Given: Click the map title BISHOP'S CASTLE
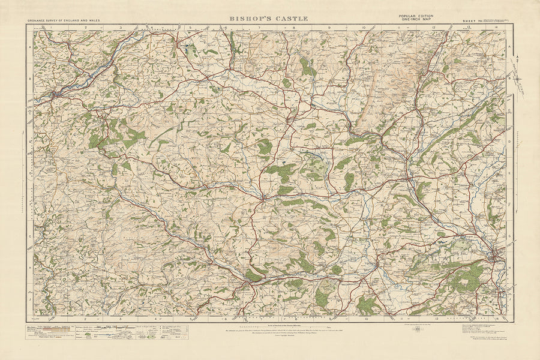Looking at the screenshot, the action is [x=270, y=19].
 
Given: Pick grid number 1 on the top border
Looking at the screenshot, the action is [x=52, y=27].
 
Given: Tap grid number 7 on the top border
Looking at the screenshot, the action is [x=259, y=27].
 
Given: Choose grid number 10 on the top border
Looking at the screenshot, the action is [x=364, y=27].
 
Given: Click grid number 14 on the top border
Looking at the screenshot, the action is [x=496, y=27].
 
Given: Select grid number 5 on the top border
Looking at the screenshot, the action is [x=190, y=27].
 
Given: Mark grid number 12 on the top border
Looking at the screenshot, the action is [x=433, y=27].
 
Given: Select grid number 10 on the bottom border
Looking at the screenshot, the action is [x=366, y=319].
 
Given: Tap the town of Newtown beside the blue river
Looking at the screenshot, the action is [x=55, y=94].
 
